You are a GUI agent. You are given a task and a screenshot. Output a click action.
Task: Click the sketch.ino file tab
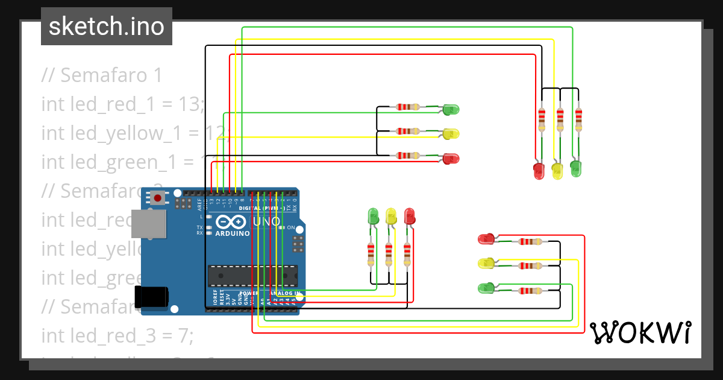tap(107, 27)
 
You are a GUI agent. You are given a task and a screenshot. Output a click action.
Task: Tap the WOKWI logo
tap(640, 332)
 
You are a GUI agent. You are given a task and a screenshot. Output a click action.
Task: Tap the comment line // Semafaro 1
tap(102, 75)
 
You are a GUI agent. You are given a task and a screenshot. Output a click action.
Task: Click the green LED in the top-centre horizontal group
tap(451, 110)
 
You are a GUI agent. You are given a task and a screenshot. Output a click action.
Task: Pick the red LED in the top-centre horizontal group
tap(451, 159)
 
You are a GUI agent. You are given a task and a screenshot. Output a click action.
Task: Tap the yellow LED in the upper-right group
tap(557, 171)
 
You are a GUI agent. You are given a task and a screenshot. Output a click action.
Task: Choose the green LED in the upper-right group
tap(576, 168)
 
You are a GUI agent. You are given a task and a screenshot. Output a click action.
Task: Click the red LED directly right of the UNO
tap(410, 216)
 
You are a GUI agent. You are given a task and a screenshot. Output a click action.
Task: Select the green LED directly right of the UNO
tap(373, 216)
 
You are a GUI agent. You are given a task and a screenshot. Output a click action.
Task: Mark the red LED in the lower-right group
tap(486, 239)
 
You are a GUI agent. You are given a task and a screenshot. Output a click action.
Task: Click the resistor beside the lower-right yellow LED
tap(530, 266)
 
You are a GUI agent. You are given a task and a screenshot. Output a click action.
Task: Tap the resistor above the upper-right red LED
tap(542, 119)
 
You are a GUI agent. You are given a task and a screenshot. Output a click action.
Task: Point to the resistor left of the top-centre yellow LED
tap(408, 131)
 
